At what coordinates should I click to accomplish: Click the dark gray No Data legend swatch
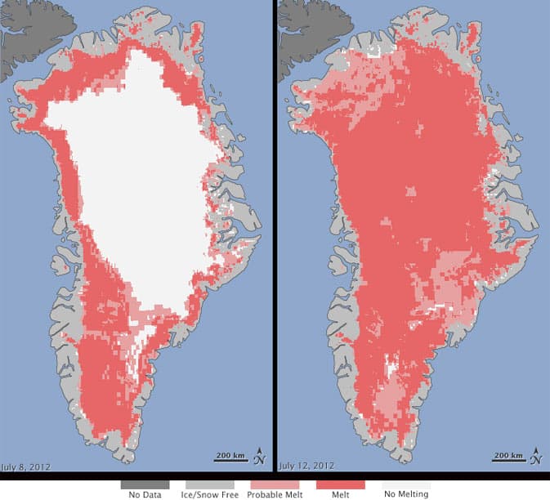point(139,484)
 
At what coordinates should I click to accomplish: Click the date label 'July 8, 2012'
point(28,466)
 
